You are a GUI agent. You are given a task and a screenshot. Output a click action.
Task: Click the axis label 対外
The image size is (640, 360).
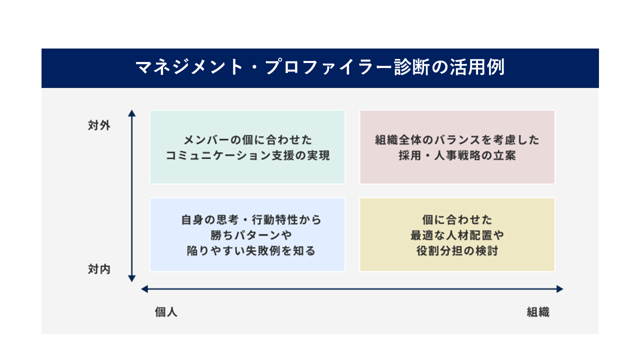pos(99,125)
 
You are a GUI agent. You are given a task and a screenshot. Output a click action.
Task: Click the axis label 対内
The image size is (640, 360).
pos(99,269)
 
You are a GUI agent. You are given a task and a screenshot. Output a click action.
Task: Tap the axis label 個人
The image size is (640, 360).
pos(166,312)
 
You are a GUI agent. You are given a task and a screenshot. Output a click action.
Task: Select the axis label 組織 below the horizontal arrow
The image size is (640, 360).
pos(538,312)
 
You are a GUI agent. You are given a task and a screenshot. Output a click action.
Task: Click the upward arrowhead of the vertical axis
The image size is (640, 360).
pos(131,113)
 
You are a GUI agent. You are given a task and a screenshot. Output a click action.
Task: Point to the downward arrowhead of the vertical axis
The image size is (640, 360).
pos(131,278)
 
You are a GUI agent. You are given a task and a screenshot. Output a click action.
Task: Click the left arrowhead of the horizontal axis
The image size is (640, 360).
pos(144,289)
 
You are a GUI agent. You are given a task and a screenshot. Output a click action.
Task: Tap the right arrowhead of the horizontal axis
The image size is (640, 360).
pos(559,289)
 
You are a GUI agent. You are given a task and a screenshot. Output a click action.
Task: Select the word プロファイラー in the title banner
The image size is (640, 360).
pos(328,67)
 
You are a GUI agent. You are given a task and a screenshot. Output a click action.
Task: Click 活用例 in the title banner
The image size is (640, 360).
pos(477,67)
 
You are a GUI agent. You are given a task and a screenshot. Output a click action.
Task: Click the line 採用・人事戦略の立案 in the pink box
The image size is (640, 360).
pos(457,155)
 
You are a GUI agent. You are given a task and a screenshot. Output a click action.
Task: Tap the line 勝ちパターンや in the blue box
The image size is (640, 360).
pos(251,235)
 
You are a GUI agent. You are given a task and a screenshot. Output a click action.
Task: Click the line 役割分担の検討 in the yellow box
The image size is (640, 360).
pos(457,251)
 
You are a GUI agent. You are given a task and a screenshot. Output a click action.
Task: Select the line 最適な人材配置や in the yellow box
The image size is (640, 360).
pos(457,235)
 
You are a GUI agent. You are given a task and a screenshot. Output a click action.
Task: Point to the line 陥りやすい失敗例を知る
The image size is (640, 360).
pos(251,251)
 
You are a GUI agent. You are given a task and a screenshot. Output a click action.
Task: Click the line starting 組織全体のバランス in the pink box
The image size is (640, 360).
pos(457,140)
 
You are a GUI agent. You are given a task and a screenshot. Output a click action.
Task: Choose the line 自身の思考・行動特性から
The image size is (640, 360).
pos(251,220)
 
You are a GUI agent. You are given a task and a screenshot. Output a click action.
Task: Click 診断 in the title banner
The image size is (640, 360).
pos(412,67)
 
